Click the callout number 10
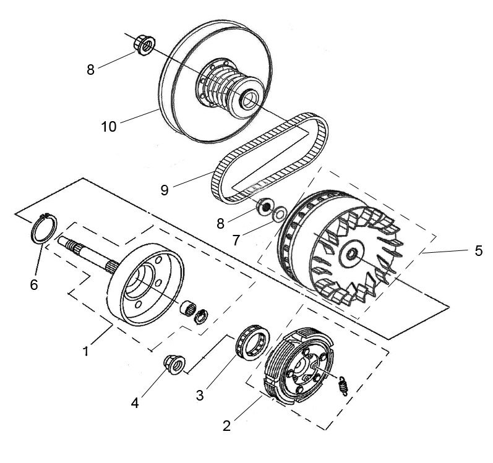pos(109,127)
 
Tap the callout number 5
pos(478,251)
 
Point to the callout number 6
pos(34,285)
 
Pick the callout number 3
pos(200,394)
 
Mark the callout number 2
pos(227,425)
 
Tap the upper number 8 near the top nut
pos(90,70)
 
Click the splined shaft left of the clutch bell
pos(87,254)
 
